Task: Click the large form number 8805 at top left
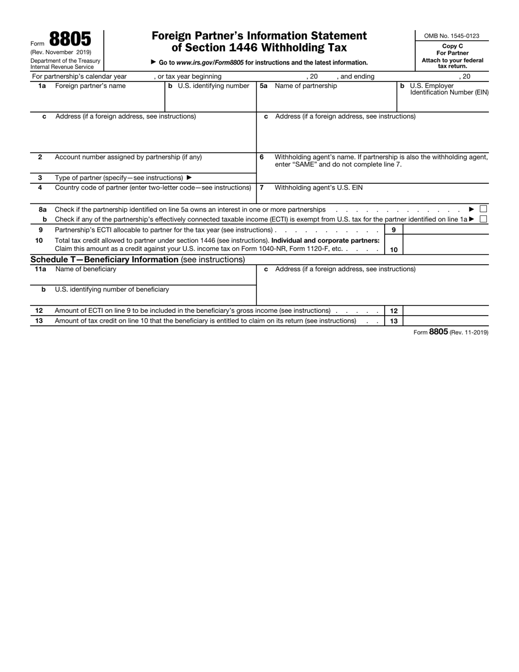[x=70, y=39]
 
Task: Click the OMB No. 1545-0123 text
[x=451, y=36]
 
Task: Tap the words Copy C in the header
[x=452, y=46]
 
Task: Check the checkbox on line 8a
[x=483, y=209]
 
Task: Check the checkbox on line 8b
[x=483, y=219]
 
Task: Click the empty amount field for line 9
[x=445, y=230]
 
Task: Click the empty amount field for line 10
[x=445, y=245]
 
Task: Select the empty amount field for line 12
[x=445, y=311]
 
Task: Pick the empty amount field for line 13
[x=445, y=321]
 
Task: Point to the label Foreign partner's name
[x=90, y=86]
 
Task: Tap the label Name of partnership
[x=306, y=86]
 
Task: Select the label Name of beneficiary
[x=86, y=269]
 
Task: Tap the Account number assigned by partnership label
[x=128, y=157]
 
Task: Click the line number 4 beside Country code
[x=40, y=188]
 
